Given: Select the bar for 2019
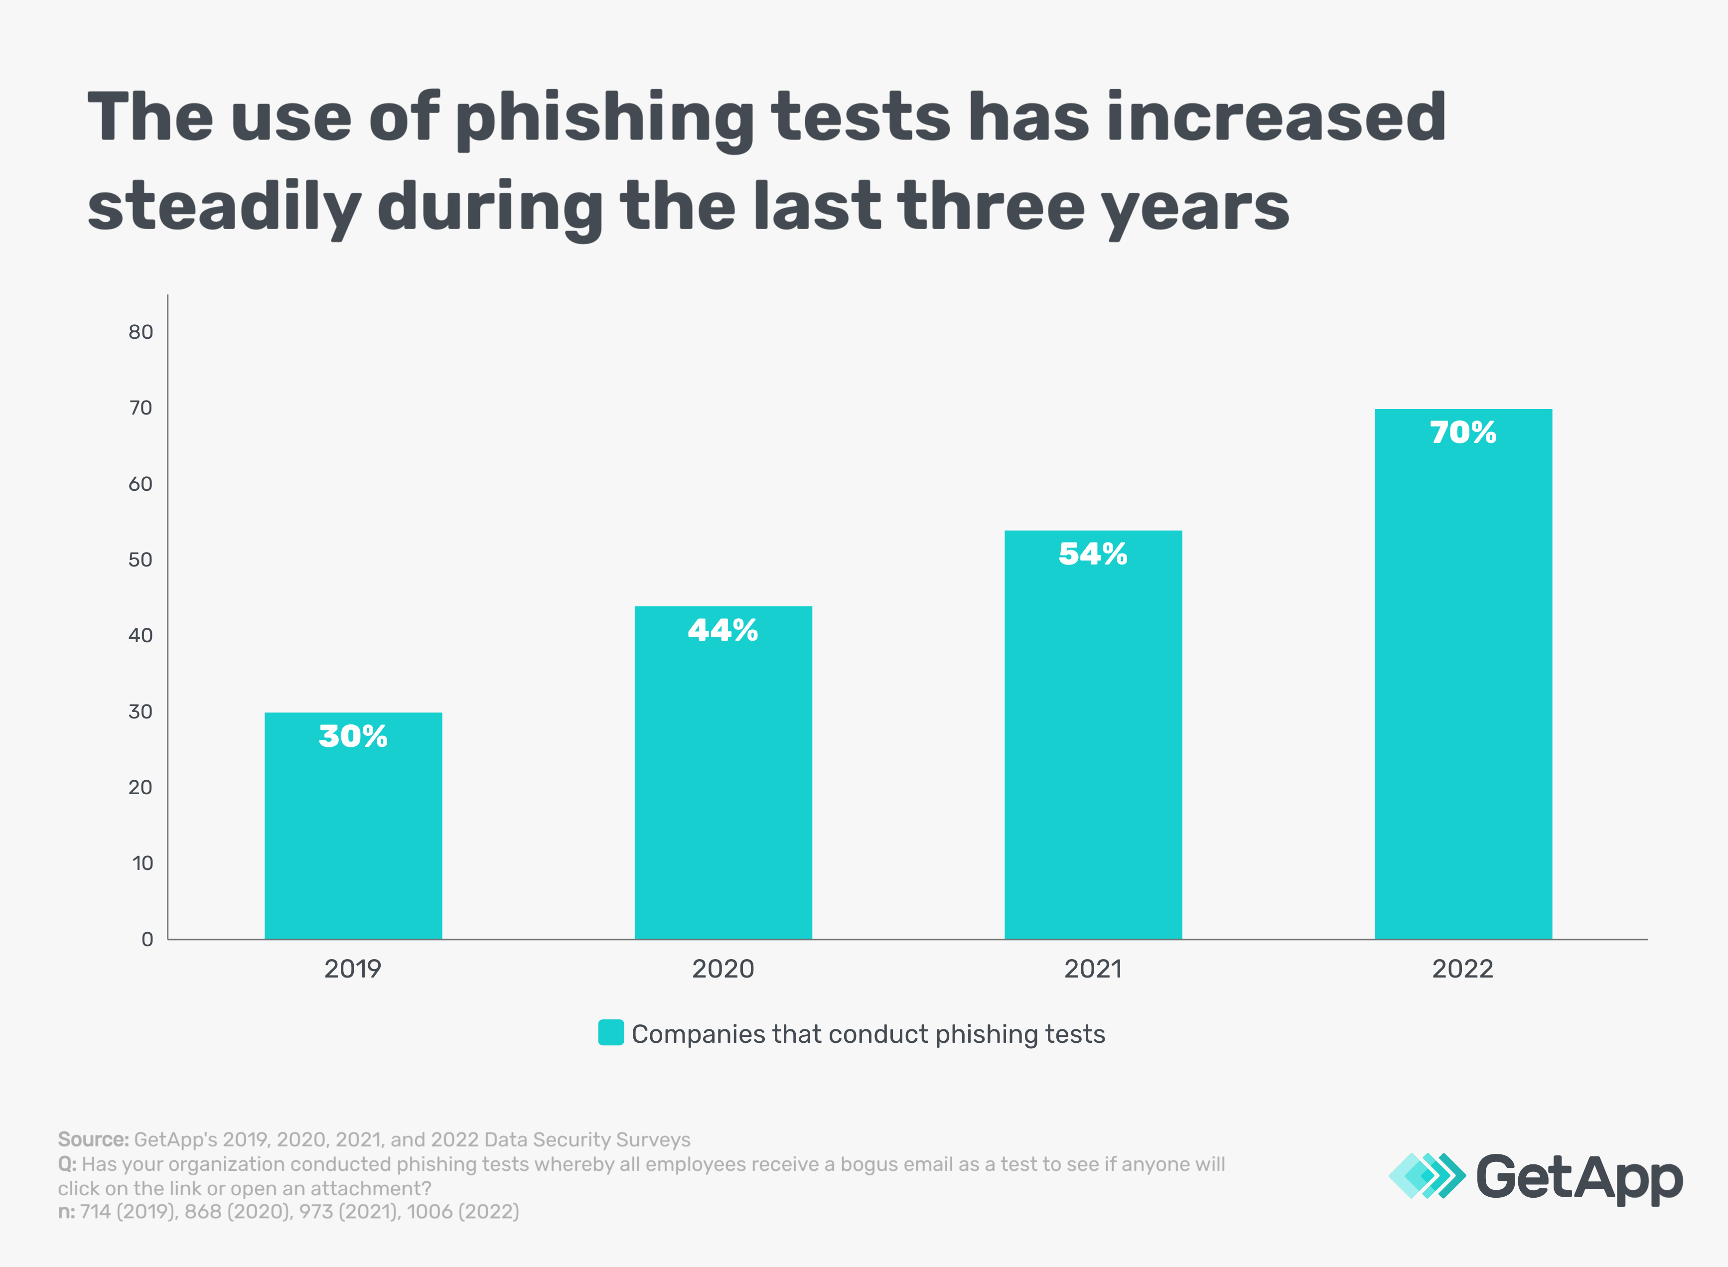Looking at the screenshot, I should coord(353,836).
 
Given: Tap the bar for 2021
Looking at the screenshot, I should coord(1093,744).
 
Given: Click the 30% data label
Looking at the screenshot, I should coord(353,736).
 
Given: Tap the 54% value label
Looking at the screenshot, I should coord(1093,554).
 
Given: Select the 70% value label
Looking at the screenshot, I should coord(1462,432).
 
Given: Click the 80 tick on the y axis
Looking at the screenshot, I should coord(141,332).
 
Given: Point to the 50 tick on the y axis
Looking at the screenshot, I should coord(141,560).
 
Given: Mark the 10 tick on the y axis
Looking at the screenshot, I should coord(143,863).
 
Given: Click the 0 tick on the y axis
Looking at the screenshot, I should coord(147,940).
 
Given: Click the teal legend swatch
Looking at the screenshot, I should coord(610,1032).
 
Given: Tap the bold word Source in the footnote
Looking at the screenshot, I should coord(93,1139).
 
